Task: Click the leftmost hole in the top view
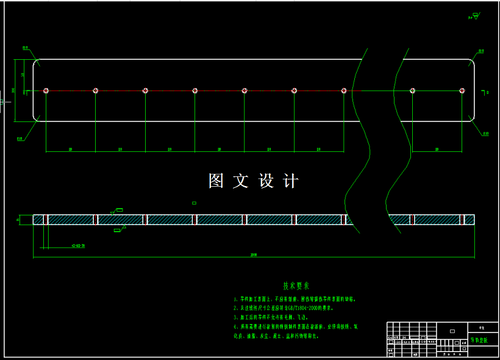click(x=46, y=91)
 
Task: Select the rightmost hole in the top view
click(x=462, y=91)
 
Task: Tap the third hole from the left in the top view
click(x=145, y=91)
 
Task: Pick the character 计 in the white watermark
click(x=291, y=181)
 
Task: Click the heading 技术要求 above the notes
click(x=296, y=286)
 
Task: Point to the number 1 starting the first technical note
click(x=235, y=300)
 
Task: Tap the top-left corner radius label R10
click(x=26, y=48)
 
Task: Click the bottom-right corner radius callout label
click(x=485, y=133)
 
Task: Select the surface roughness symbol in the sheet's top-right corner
click(x=473, y=16)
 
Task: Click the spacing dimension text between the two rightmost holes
click(x=437, y=148)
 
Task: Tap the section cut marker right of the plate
click(x=485, y=93)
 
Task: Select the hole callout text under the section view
click(x=77, y=246)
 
